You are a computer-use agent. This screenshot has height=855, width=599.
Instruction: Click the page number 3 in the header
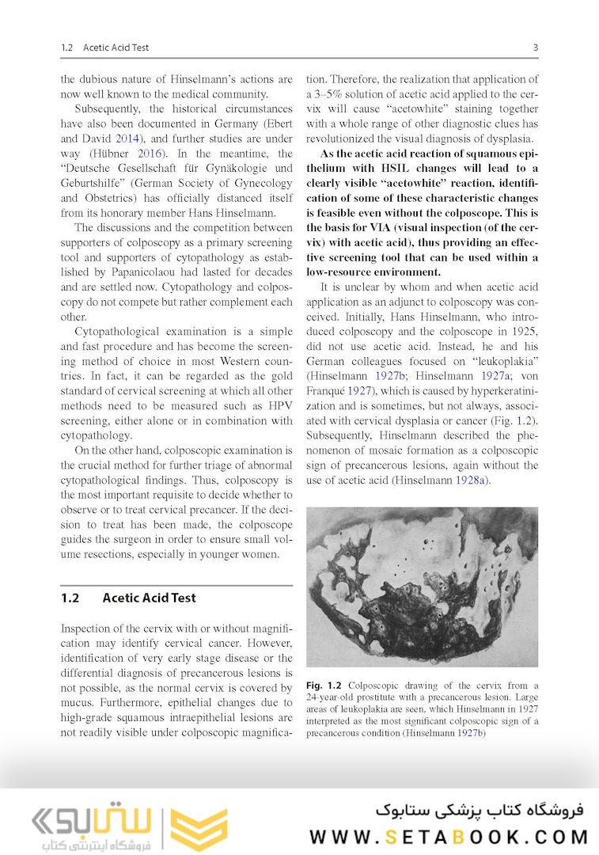point(535,47)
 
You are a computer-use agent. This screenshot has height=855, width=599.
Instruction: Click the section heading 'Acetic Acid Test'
point(149,598)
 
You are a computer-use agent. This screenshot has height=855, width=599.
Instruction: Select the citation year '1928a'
point(473,481)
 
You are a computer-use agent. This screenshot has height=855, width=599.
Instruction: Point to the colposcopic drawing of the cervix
point(421,586)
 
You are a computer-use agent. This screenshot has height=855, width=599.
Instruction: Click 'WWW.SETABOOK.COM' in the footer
point(449,837)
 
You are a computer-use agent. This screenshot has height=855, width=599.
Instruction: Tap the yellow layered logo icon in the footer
point(199,830)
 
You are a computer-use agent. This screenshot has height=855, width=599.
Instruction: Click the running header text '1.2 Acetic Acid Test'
point(104,47)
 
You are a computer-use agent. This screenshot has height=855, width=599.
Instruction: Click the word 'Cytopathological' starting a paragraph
point(120,332)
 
